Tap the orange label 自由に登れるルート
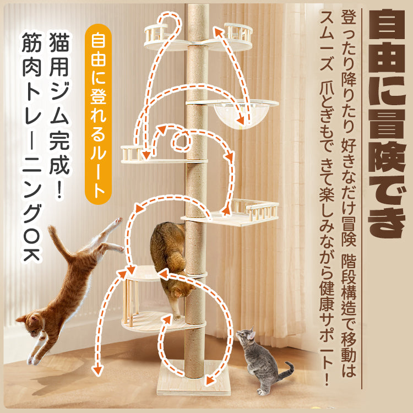pyautogui.click(x=98, y=114)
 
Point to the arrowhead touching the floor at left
pyautogui.click(x=97, y=371)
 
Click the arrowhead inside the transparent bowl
pyautogui.click(x=240, y=120)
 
